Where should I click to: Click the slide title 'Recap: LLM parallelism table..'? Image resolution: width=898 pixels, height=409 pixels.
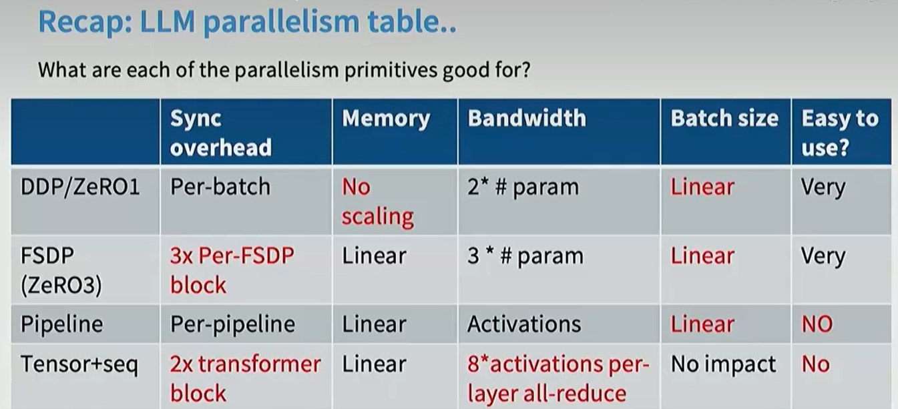(247, 22)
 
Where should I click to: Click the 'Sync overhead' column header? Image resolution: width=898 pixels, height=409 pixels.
(221, 133)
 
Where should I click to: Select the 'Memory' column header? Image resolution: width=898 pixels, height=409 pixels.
(386, 119)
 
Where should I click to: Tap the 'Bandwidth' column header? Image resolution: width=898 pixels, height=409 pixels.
(527, 118)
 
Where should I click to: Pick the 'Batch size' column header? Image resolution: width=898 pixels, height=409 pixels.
(724, 118)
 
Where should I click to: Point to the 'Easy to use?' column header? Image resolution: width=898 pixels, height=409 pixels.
(840, 133)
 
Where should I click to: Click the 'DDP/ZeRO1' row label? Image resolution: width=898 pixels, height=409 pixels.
(80, 187)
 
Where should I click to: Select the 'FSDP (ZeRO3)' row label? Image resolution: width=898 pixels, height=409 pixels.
(61, 270)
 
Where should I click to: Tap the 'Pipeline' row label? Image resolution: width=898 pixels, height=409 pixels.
(61, 324)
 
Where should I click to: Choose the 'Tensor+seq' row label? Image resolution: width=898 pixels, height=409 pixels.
(79, 364)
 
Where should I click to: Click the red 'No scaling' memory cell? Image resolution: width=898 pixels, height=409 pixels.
(377, 202)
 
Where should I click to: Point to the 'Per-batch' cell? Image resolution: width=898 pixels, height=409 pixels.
(220, 187)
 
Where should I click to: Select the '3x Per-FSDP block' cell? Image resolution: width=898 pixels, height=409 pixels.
(232, 270)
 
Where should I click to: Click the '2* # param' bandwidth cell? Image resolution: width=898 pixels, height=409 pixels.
(523, 187)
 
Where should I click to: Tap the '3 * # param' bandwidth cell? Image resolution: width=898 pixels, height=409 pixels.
(525, 256)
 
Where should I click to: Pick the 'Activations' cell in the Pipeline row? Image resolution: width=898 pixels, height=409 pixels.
(524, 324)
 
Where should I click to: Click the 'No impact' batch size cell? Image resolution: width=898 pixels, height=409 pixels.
(723, 364)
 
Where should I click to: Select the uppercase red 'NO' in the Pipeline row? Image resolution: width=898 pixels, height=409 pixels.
(817, 324)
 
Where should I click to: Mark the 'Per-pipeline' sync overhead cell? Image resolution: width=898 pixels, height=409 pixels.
(232, 324)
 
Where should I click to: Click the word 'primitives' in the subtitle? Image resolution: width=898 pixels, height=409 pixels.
(390, 70)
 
